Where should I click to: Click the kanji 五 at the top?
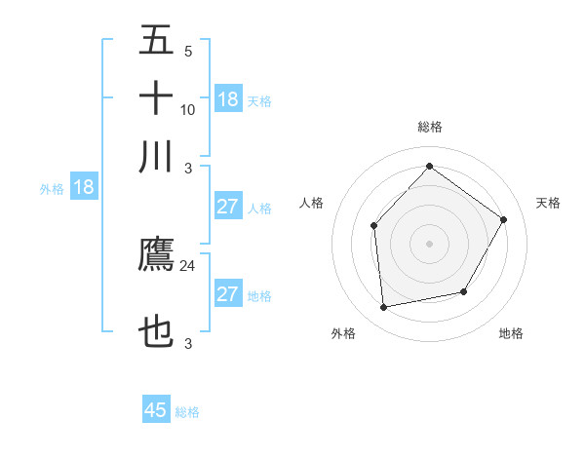(156, 41)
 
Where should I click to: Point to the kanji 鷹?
(156, 255)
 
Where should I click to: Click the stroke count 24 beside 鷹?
(188, 264)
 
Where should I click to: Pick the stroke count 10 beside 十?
(188, 109)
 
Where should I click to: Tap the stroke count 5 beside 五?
(187, 51)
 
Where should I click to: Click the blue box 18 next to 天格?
(228, 99)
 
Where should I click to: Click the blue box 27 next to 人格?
(228, 207)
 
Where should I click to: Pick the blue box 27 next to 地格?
(228, 294)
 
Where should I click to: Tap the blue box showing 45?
(156, 410)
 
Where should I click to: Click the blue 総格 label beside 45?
(188, 412)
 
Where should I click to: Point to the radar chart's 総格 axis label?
(430, 127)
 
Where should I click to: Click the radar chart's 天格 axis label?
(548, 203)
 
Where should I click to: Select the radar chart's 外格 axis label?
(343, 334)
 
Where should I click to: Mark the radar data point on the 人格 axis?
(374, 226)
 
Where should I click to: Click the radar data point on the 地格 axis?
(464, 291)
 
